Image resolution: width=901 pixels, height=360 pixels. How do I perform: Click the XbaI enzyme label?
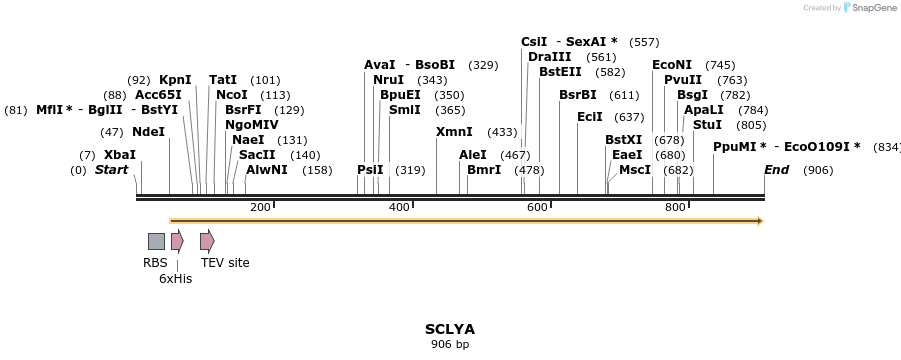pyautogui.click(x=120, y=155)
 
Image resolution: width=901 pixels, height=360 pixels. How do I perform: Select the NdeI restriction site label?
pyautogui.click(x=148, y=132)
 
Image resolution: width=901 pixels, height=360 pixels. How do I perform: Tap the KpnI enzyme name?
pyautogui.click(x=175, y=80)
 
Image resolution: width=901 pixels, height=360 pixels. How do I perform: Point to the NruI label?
pyautogui.click(x=388, y=80)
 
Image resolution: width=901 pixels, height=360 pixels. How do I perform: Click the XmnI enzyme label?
pyautogui.click(x=454, y=132)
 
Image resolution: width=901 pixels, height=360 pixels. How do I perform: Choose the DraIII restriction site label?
pyautogui.click(x=549, y=57)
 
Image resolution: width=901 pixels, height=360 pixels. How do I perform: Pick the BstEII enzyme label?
pyautogui.click(x=560, y=72)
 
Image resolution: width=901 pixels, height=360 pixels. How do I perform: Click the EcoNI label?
pyautogui.click(x=671, y=65)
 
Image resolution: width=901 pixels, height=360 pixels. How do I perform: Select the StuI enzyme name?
pyautogui.click(x=707, y=125)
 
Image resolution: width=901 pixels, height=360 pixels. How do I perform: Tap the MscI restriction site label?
pyautogui.click(x=634, y=170)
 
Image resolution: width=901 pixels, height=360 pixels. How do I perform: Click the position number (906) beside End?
pyautogui.click(x=817, y=170)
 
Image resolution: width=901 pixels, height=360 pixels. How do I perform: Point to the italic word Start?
pyautogui.click(x=111, y=170)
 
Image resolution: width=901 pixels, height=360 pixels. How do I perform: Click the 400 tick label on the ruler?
pyautogui.click(x=399, y=207)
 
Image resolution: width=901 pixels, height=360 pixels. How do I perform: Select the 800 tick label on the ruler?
pyautogui.click(x=675, y=207)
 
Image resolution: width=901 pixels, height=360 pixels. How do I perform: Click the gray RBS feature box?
pyautogui.click(x=156, y=241)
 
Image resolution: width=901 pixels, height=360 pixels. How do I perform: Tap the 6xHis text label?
pyautogui.click(x=175, y=279)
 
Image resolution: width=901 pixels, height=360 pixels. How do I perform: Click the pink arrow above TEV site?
pyautogui.click(x=207, y=241)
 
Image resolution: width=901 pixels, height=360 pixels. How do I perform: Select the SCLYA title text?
pyautogui.click(x=450, y=329)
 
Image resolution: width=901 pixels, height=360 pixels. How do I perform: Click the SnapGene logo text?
pyautogui.click(x=871, y=8)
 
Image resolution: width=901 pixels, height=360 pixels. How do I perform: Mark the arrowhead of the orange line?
pyautogui.click(x=760, y=220)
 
